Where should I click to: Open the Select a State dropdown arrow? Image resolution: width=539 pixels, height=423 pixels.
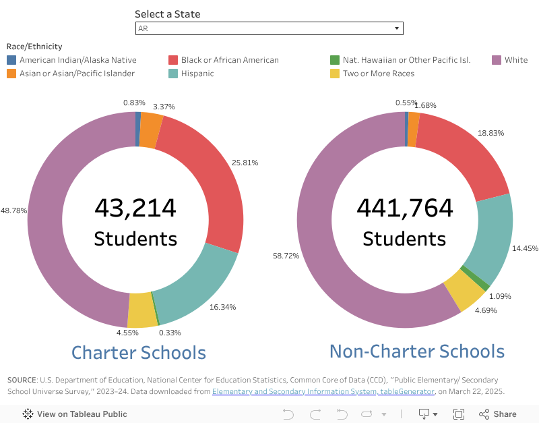click(397, 28)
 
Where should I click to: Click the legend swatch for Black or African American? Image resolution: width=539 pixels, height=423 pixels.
click(174, 60)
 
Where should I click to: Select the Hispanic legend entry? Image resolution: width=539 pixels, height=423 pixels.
click(197, 74)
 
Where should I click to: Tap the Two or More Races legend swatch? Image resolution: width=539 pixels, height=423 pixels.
click(335, 74)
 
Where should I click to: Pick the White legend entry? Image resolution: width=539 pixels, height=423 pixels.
click(516, 60)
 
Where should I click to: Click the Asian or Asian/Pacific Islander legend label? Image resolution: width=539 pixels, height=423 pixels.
click(77, 74)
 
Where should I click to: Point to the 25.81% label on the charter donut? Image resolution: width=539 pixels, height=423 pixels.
click(244, 163)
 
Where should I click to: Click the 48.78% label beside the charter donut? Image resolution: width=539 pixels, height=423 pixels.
click(13, 210)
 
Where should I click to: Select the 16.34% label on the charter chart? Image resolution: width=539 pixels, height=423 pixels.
click(222, 307)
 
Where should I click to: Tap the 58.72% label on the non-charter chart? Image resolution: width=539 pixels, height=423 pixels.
click(286, 256)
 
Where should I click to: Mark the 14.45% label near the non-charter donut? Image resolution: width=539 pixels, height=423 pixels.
click(526, 248)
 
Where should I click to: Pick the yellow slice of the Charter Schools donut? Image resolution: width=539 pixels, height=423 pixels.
click(142, 310)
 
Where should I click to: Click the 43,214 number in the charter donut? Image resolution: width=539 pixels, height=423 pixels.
click(135, 208)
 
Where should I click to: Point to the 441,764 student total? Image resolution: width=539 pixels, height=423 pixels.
click(404, 208)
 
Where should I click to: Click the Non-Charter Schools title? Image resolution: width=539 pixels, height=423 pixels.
click(416, 351)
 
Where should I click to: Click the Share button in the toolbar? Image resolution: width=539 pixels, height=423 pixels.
click(498, 414)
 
